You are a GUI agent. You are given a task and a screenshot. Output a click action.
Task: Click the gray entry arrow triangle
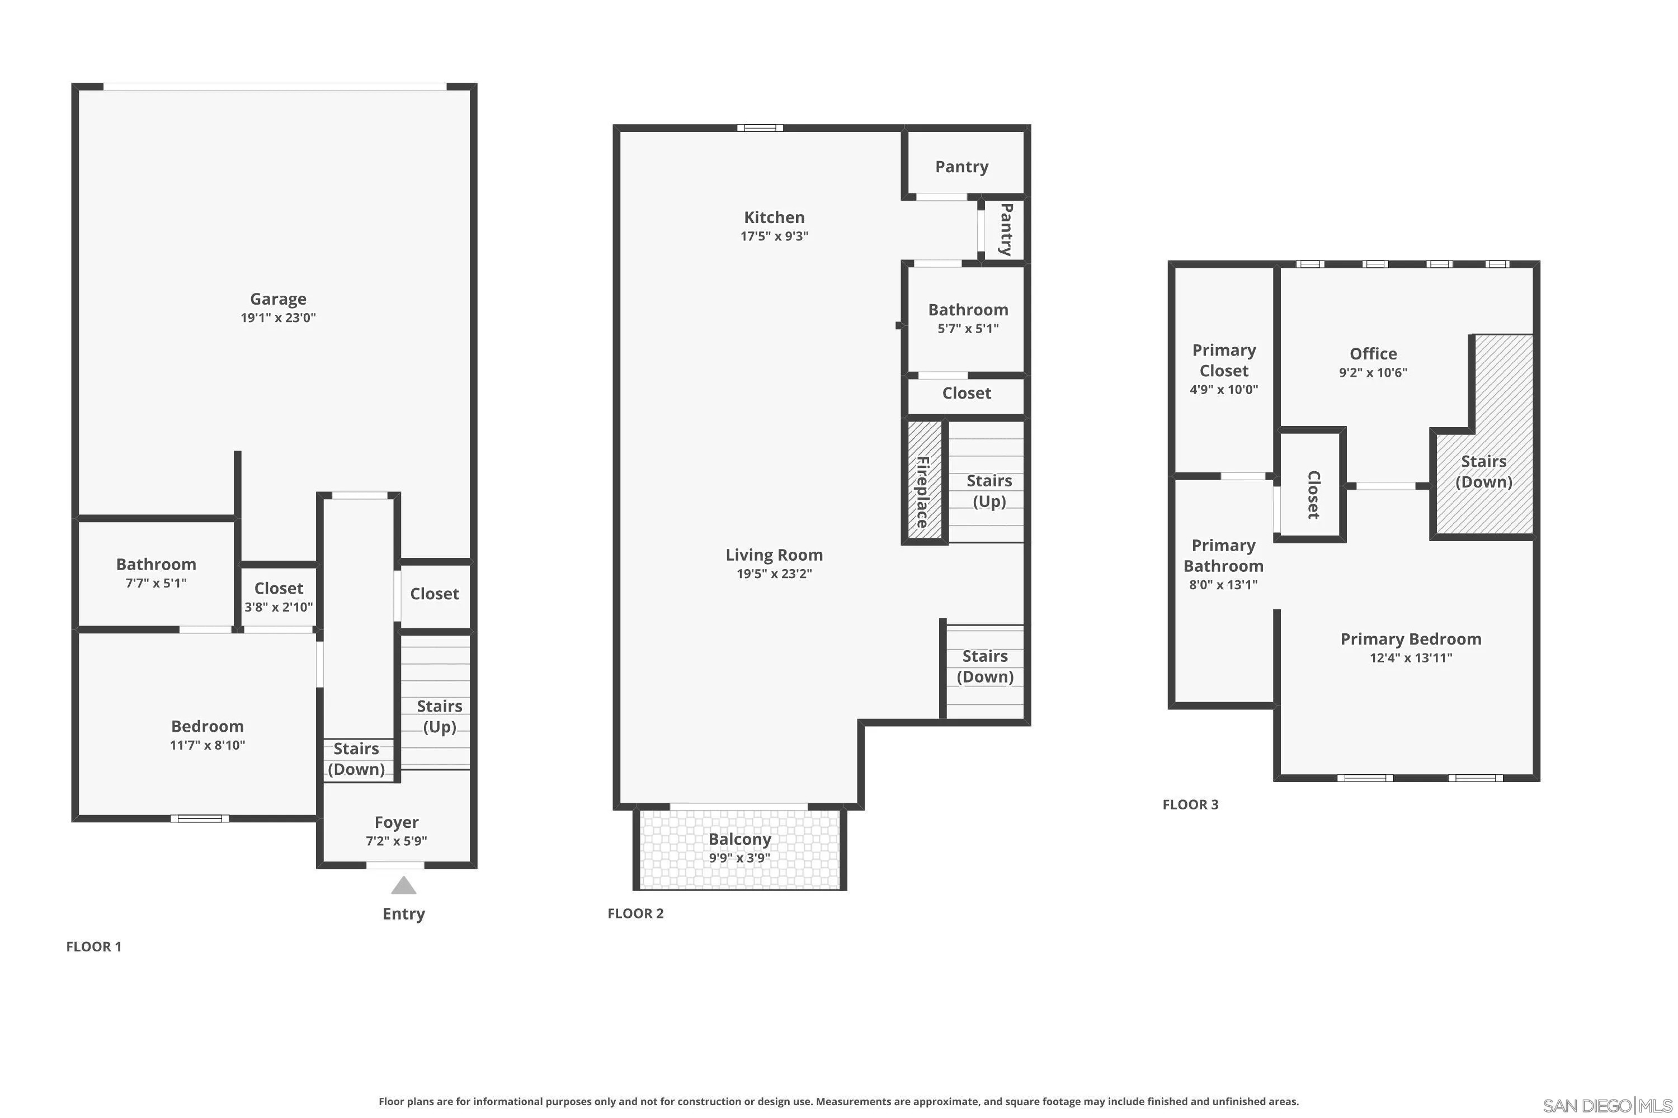[x=403, y=885]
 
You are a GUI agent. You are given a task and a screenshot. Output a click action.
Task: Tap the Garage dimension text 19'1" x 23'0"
[x=277, y=318]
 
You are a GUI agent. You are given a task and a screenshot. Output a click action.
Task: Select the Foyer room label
[x=396, y=822]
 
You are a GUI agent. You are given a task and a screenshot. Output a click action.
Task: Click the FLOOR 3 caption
[x=1190, y=804]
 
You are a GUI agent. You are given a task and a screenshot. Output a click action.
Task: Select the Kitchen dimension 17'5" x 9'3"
[x=774, y=236]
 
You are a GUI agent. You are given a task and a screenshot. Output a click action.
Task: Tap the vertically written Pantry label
[x=1006, y=230]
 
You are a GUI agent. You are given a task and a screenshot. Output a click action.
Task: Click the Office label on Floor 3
[x=1373, y=354]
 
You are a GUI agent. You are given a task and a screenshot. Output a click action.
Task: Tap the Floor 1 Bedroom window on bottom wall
[x=200, y=818]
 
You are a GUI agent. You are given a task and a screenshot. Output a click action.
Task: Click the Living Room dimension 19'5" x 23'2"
[x=774, y=574]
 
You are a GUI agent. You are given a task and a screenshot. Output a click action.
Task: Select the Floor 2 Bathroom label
[x=968, y=310]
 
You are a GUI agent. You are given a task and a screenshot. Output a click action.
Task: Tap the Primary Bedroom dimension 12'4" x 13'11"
[x=1411, y=658]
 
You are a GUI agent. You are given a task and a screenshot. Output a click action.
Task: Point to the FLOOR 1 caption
[x=93, y=947]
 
